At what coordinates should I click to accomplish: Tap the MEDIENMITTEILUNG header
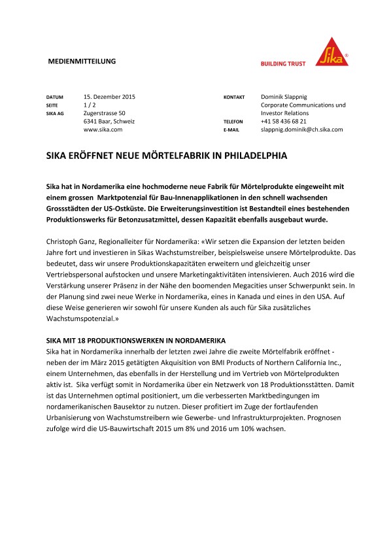click(x=82, y=61)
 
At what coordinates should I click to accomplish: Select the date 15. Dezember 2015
click(x=110, y=97)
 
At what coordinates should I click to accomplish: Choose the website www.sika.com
click(x=103, y=129)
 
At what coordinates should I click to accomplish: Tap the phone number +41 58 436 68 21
click(x=283, y=122)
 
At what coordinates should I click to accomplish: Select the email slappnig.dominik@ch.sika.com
click(x=301, y=129)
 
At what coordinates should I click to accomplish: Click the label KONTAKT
click(x=234, y=97)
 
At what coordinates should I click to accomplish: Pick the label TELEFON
click(x=233, y=122)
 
